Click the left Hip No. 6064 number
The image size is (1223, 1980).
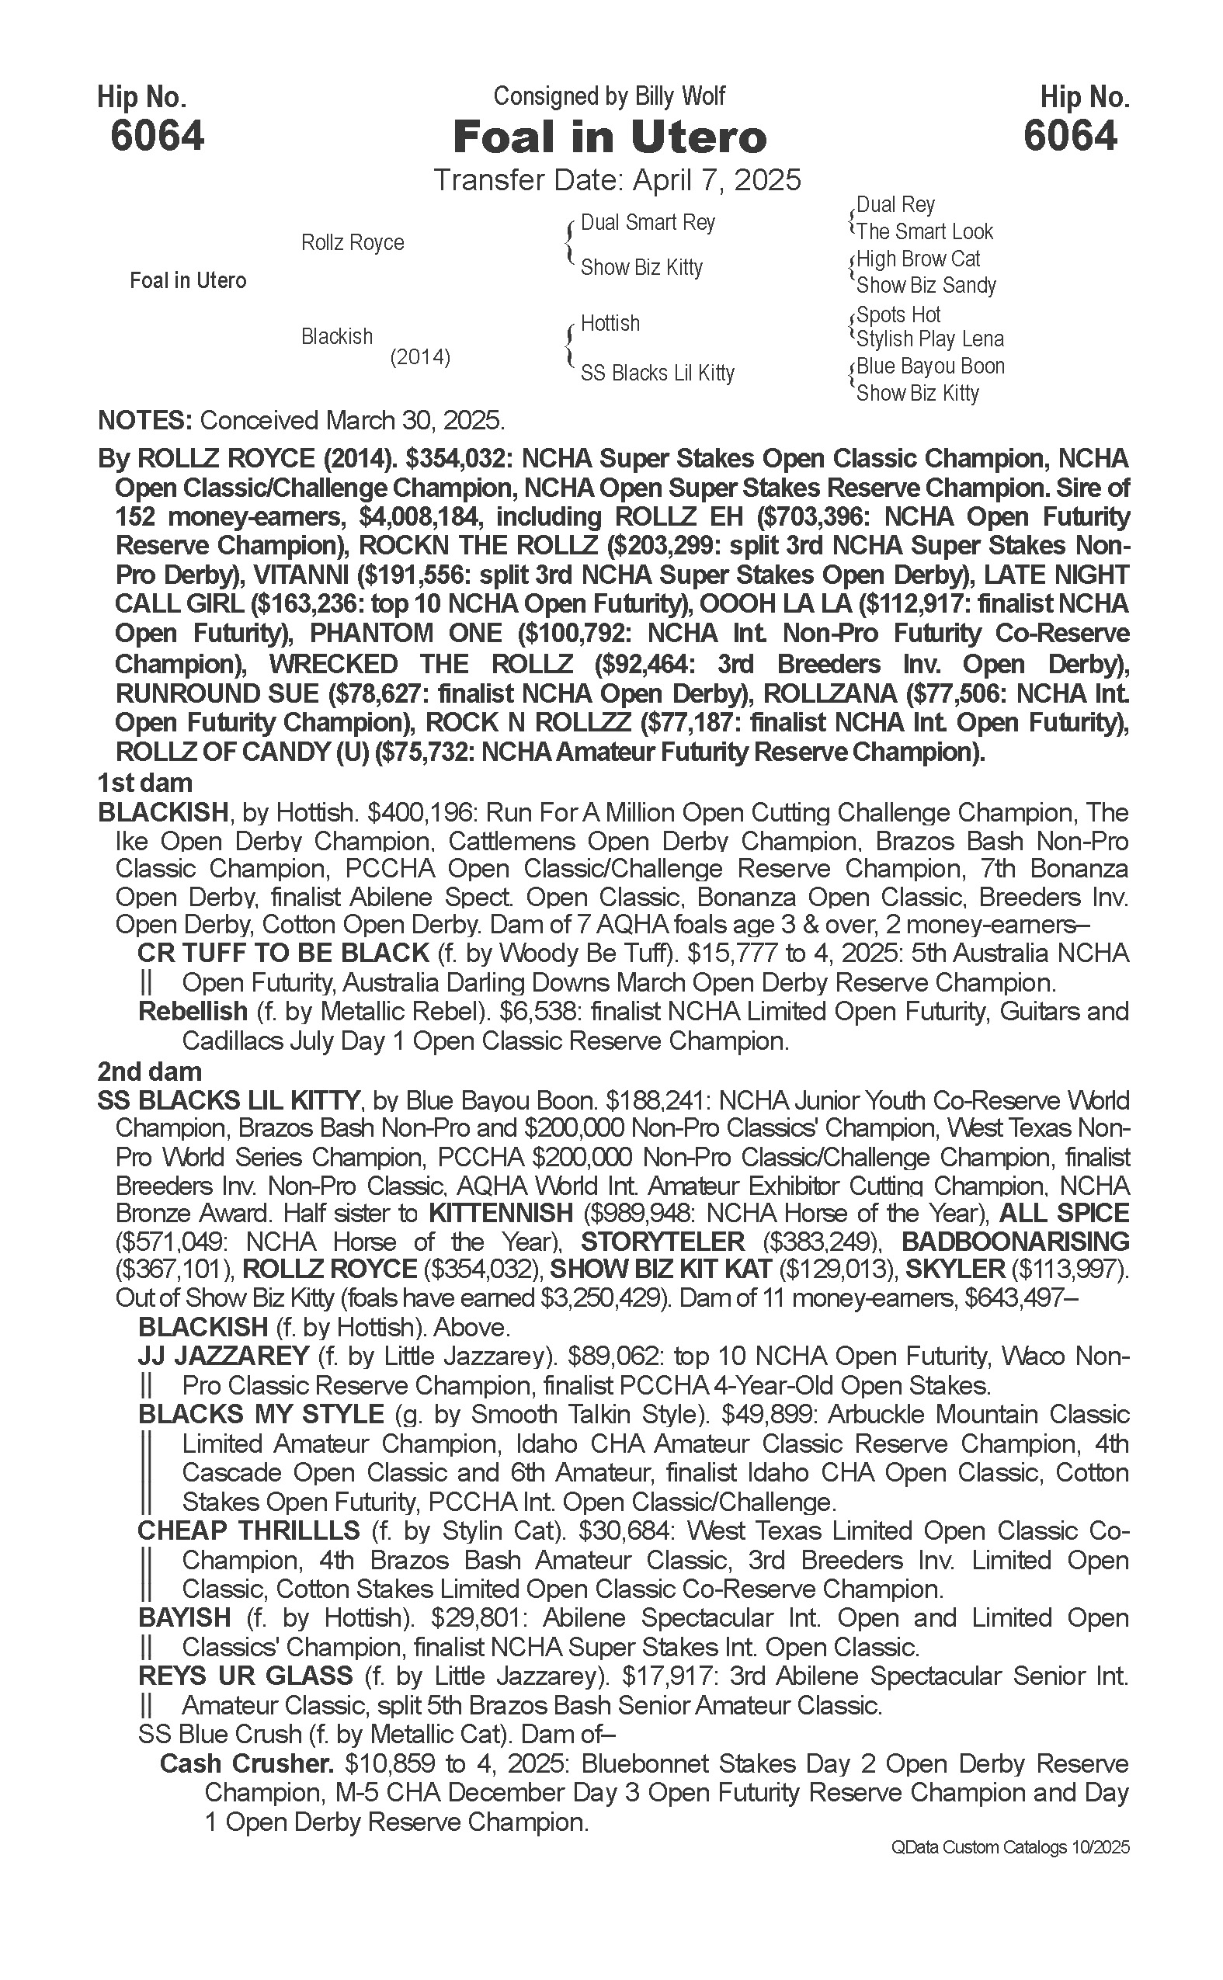[157, 135]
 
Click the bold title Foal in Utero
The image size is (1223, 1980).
[609, 137]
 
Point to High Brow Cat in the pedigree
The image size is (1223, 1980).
[918, 259]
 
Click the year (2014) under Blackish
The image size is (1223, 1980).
[420, 356]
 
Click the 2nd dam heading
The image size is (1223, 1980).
[149, 1072]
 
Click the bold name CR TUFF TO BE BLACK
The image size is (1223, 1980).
[283, 953]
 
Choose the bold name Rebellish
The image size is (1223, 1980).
[193, 1011]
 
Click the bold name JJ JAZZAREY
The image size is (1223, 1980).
[224, 1356]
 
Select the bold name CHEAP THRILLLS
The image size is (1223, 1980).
[248, 1531]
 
